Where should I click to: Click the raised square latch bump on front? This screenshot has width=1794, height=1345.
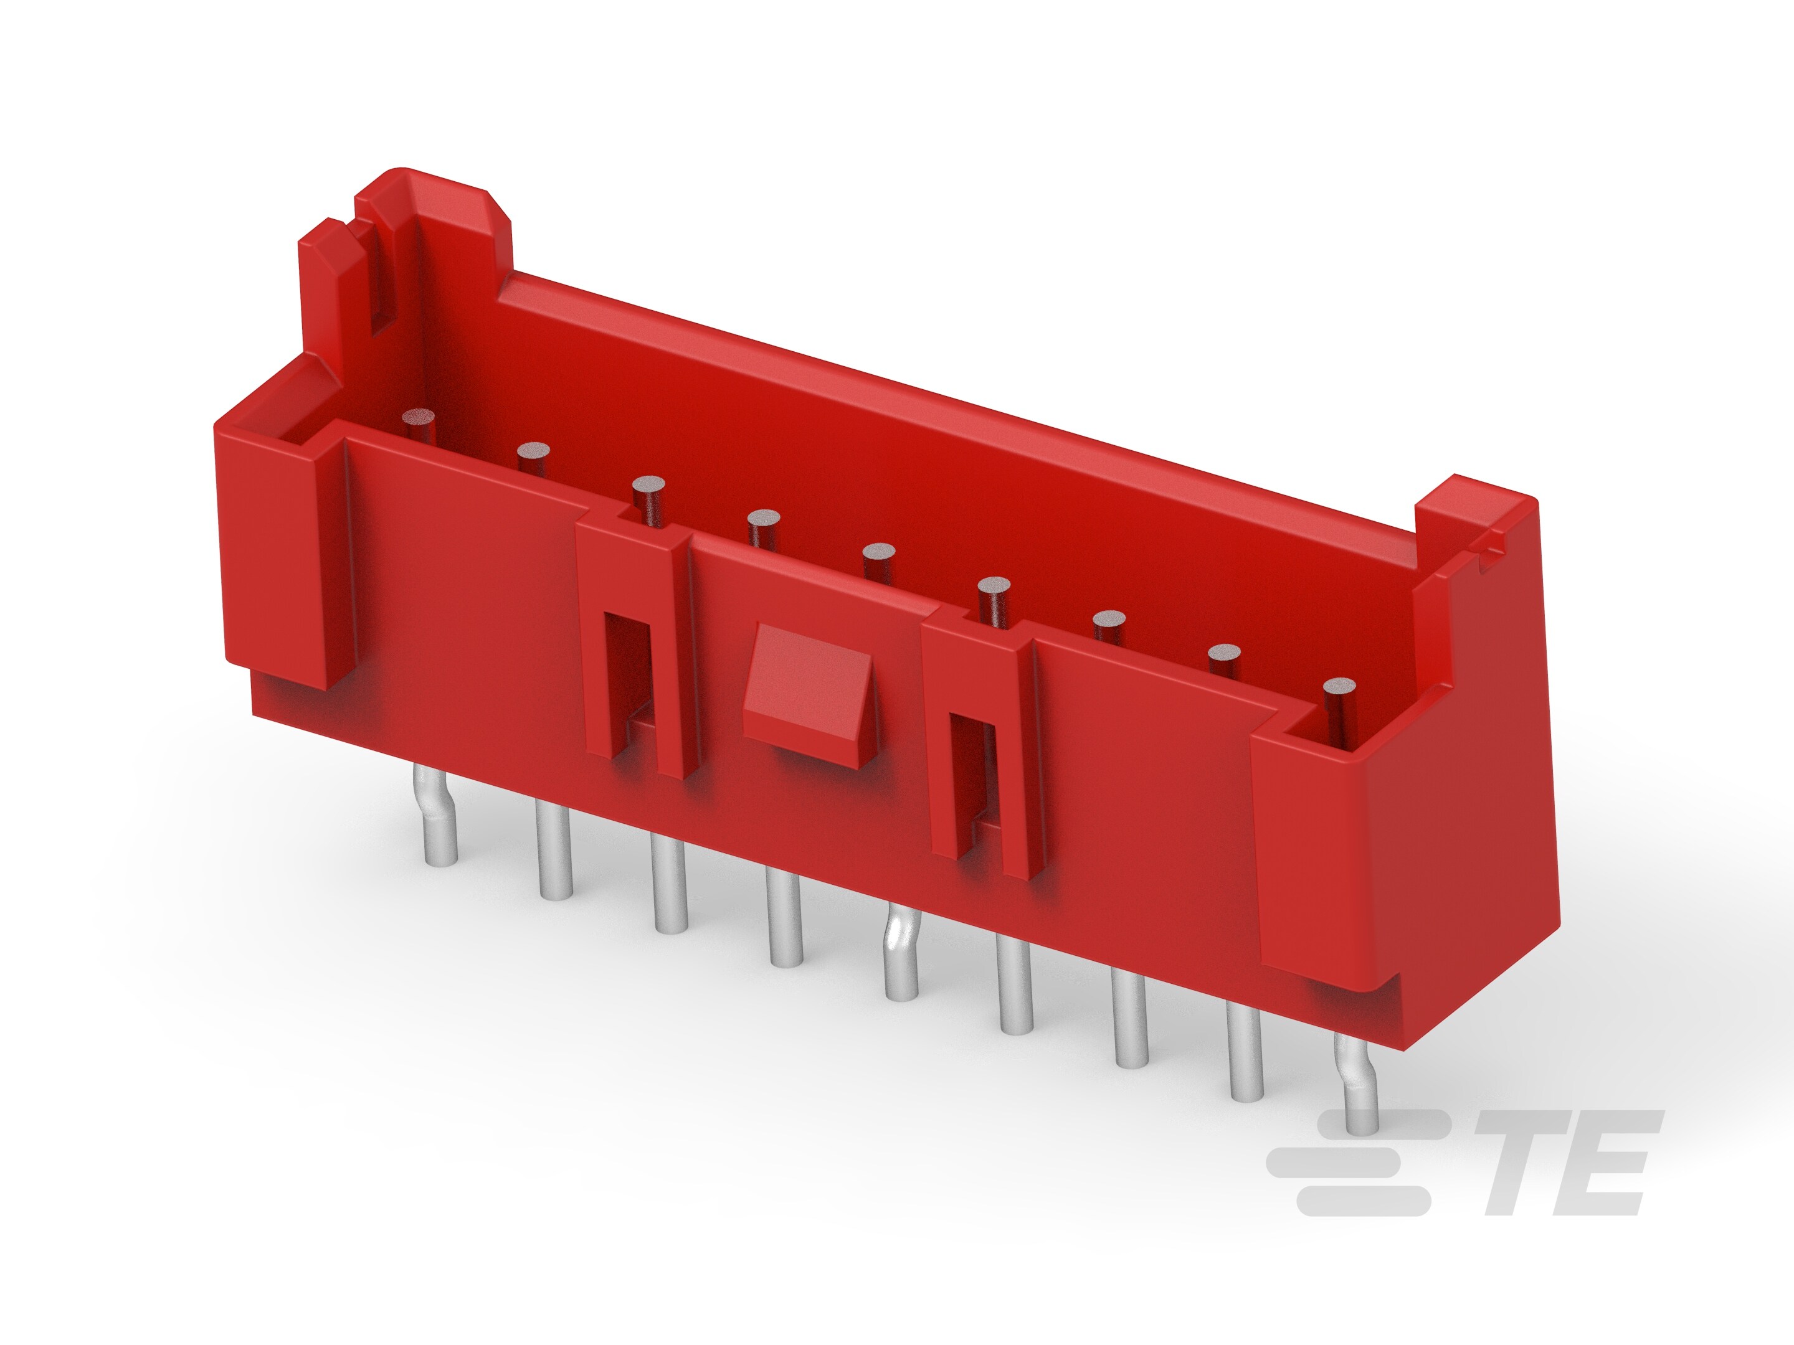(x=809, y=694)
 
